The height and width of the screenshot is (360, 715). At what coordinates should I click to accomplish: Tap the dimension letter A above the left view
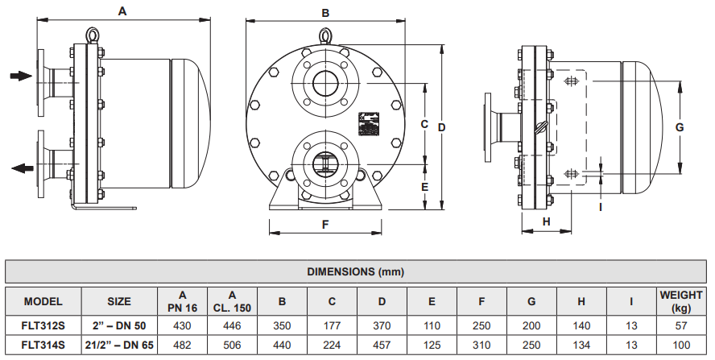click(x=122, y=11)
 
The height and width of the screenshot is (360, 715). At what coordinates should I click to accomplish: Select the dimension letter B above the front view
click(x=325, y=13)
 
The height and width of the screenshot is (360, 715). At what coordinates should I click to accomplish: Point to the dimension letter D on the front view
click(x=441, y=127)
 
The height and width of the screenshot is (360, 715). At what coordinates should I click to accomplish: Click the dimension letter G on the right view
click(x=679, y=127)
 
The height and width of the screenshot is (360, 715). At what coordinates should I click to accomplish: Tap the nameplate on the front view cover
click(x=370, y=123)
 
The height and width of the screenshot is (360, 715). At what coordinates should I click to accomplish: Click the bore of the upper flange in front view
click(x=325, y=83)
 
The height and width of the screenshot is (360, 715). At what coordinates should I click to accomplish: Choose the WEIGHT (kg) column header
click(x=680, y=301)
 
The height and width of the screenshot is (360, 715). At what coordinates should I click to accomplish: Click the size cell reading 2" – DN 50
click(x=119, y=325)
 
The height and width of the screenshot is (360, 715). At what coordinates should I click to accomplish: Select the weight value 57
click(x=680, y=325)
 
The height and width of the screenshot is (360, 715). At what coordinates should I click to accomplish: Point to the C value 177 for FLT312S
click(x=332, y=325)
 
